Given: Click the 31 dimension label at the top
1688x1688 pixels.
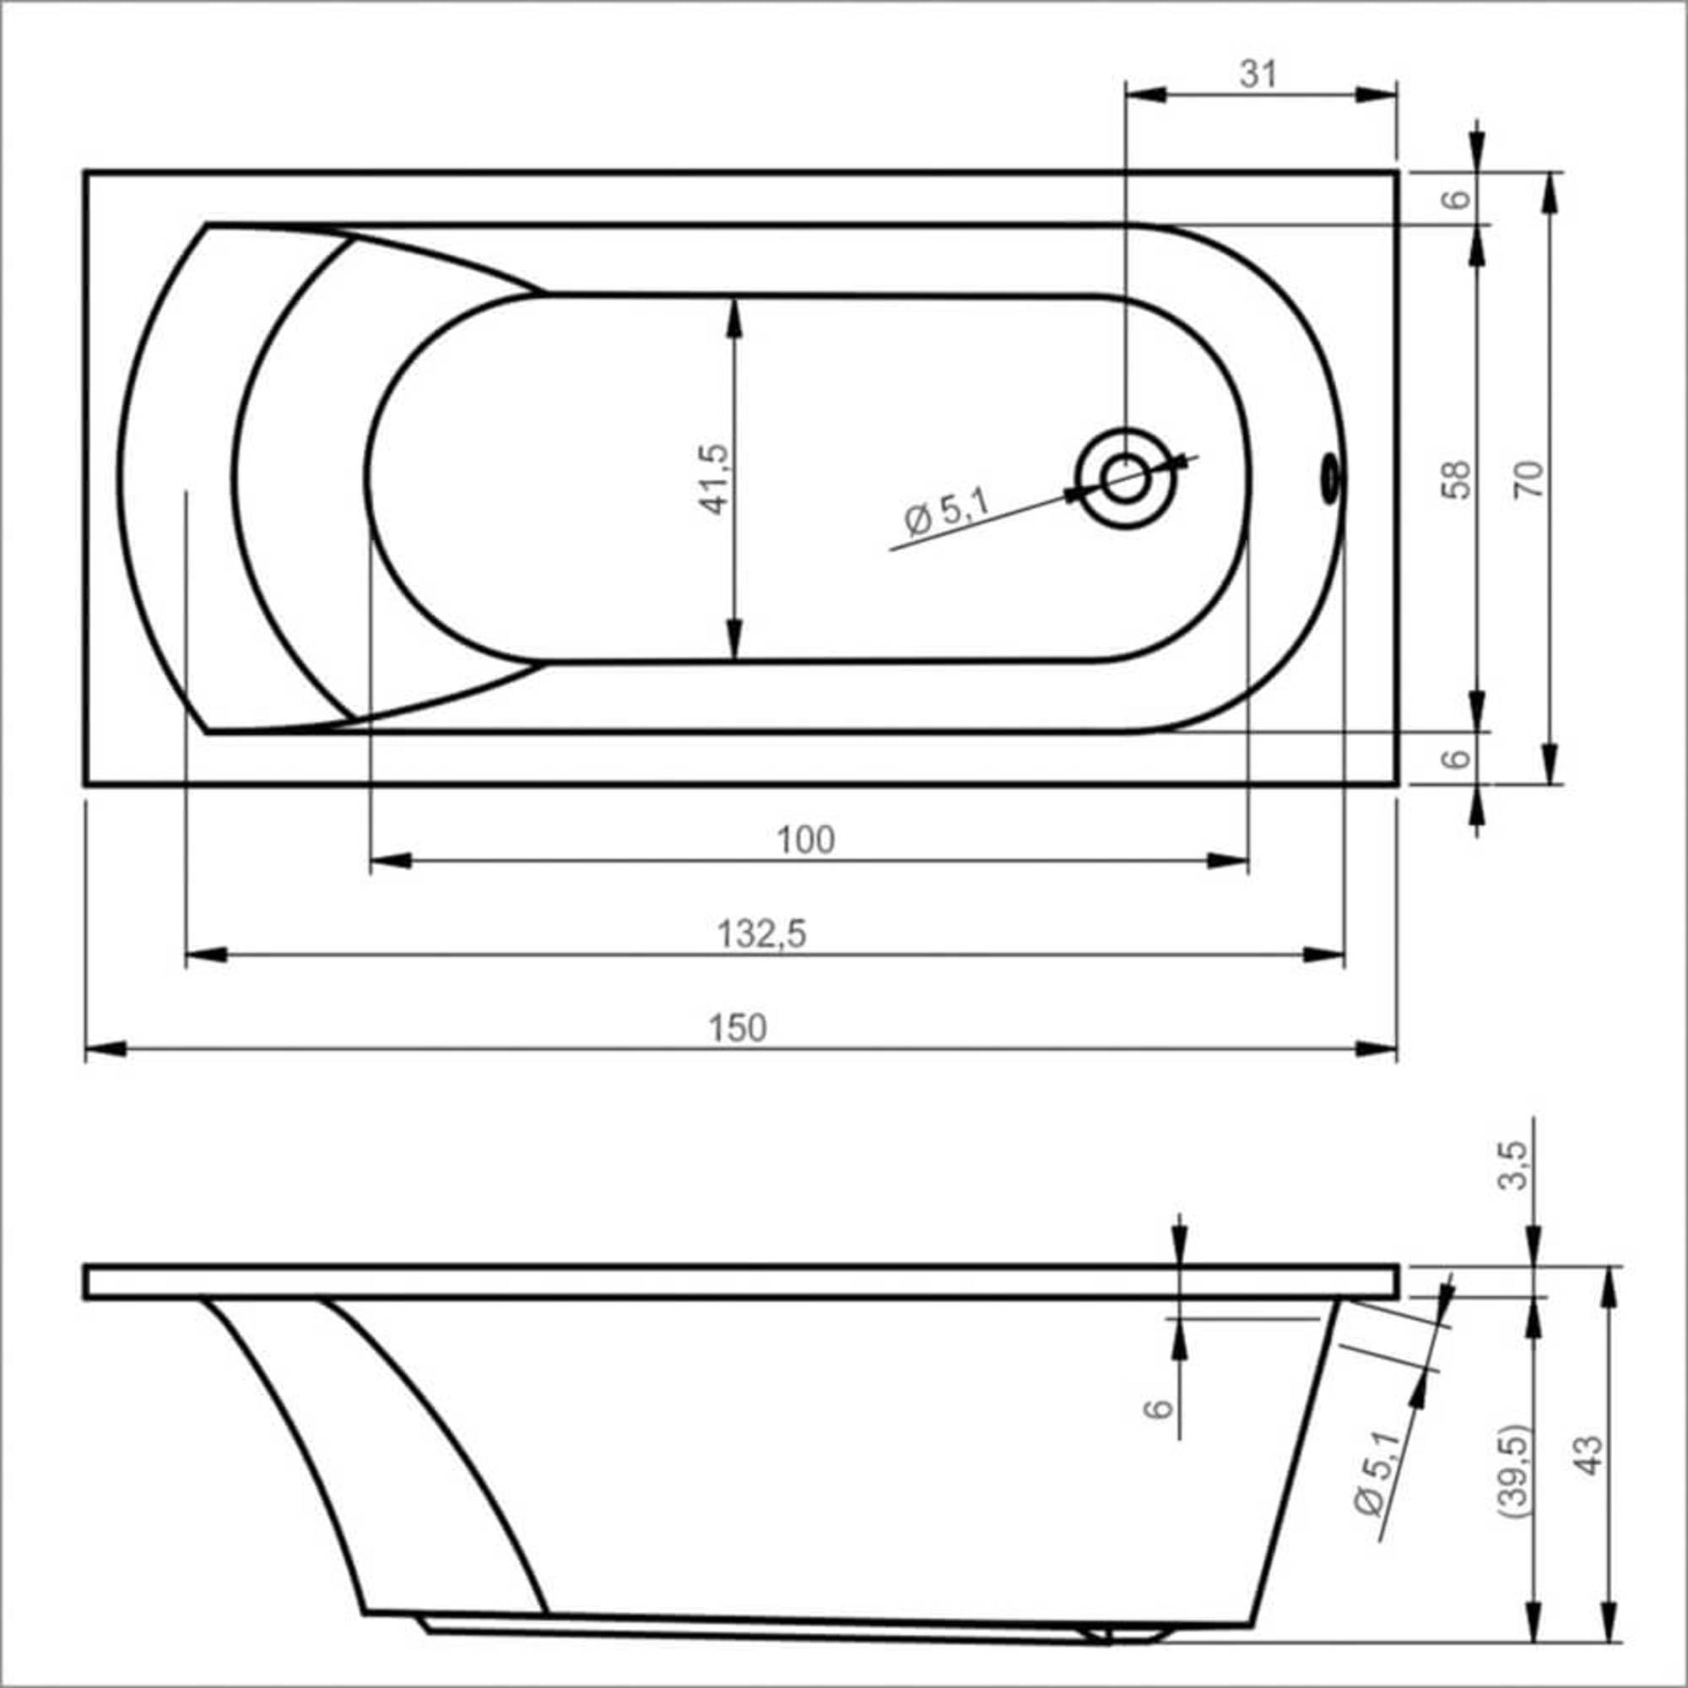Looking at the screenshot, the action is click(1258, 75).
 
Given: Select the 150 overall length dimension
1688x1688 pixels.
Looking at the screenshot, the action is click(738, 1028).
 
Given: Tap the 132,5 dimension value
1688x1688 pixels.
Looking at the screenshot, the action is click(762, 934).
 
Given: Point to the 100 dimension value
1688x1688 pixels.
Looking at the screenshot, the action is click(805, 840).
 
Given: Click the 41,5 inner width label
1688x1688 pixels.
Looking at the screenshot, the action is click(714, 479).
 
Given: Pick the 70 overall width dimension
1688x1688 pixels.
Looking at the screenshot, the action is click(1528, 479).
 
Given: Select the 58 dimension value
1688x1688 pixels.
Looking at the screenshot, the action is click(1456, 479).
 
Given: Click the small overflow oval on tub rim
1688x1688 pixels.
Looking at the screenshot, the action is click(1330, 478).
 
